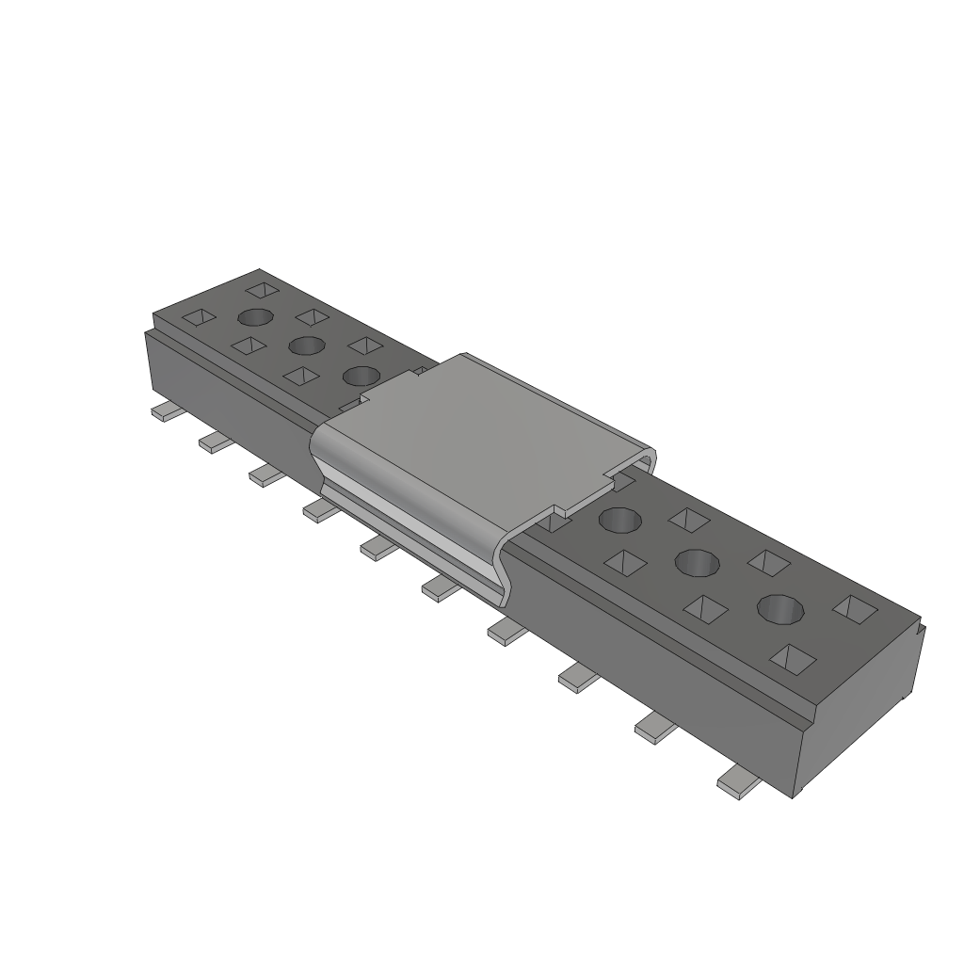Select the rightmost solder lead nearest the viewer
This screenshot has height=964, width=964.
coord(739,784)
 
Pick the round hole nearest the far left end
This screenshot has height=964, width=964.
coord(255,317)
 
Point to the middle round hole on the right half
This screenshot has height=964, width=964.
coord(698,563)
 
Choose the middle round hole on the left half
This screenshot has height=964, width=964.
coord(307,345)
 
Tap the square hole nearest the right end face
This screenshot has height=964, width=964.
coord(855,609)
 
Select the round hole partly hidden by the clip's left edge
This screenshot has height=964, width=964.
coord(361,376)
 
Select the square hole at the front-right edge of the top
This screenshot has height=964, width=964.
coord(792,658)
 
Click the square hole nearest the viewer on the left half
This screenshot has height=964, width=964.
coord(301,377)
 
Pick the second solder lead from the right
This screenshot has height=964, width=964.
coord(656,727)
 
